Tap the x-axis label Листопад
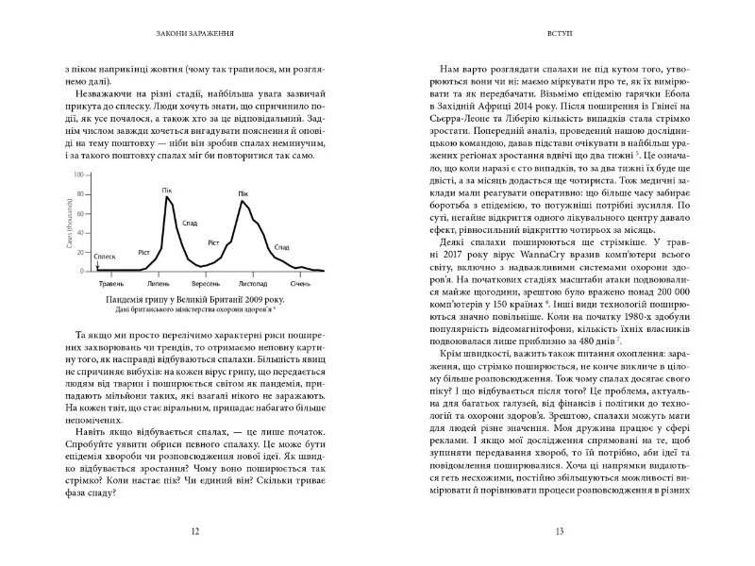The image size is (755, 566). pos(258,282)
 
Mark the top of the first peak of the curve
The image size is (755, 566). pos(167,196)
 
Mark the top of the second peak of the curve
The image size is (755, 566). pos(243,200)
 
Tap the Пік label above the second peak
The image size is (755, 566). pos(243,192)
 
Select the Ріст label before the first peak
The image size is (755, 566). pos(144,251)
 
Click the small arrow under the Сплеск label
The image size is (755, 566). pos(95,267)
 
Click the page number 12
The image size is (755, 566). pos(195,532)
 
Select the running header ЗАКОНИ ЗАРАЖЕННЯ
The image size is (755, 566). pos(195,37)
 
